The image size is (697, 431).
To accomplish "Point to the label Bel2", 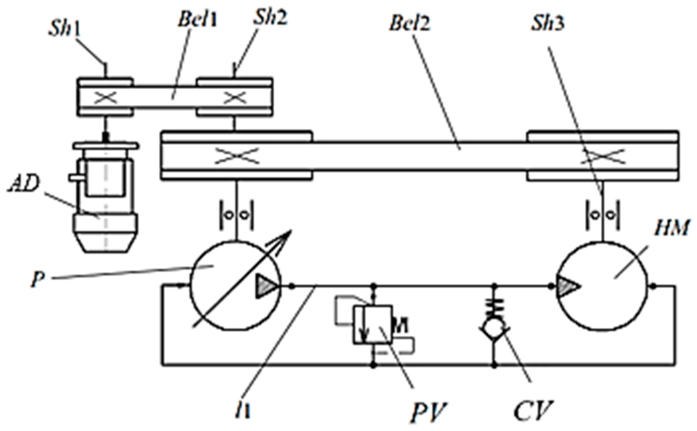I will pyautogui.click(x=409, y=23).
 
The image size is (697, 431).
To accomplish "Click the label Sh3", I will pyautogui.click(x=547, y=23).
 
